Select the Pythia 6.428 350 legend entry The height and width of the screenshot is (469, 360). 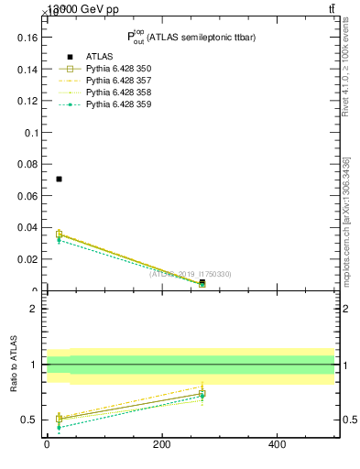[118, 69]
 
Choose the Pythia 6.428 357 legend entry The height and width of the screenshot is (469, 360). [118, 81]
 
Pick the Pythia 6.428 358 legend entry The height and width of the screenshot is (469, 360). [118, 93]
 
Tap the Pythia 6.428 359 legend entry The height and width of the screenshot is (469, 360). [118, 104]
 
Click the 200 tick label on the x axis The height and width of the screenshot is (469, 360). [161, 446]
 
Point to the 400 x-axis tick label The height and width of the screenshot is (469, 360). [277, 446]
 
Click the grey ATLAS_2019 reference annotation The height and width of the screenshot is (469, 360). [191, 274]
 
